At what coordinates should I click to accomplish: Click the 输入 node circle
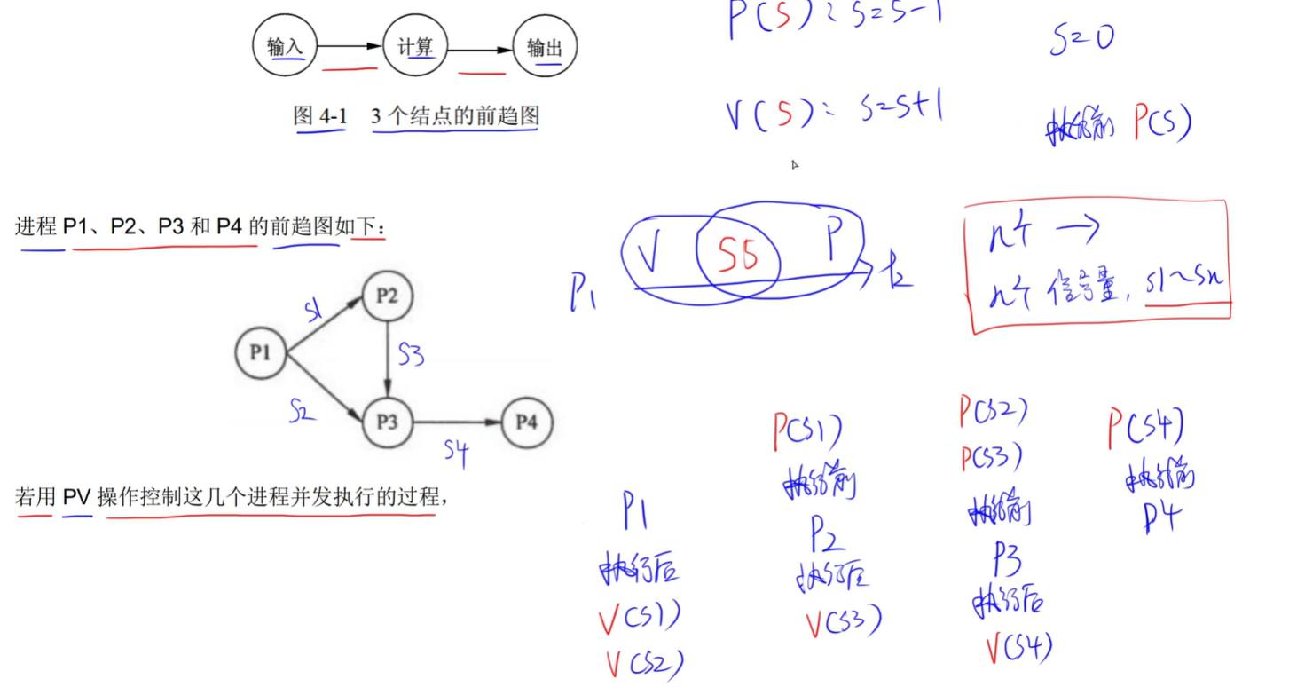pyautogui.click(x=285, y=47)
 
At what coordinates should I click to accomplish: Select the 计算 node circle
pyautogui.click(x=415, y=47)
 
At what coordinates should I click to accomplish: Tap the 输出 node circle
pyautogui.click(x=545, y=47)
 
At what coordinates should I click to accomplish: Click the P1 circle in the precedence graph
pyautogui.click(x=260, y=353)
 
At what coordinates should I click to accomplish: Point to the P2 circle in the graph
pyautogui.click(x=388, y=296)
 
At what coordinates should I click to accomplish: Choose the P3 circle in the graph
pyautogui.click(x=388, y=422)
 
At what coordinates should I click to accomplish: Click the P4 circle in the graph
pyautogui.click(x=526, y=422)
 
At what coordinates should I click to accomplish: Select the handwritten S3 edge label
pyautogui.click(x=411, y=355)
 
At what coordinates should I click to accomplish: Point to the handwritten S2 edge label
pyautogui.click(x=303, y=410)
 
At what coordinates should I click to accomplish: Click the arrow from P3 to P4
pyautogui.click(x=457, y=422)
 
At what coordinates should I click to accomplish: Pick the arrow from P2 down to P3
pyautogui.click(x=388, y=359)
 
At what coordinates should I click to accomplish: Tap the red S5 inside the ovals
pyautogui.click(x=738, y=257)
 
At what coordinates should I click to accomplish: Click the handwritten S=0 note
pyautogui.click(x=1081, y=39)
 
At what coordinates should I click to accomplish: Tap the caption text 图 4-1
pyautogui.click(x=320, y=116)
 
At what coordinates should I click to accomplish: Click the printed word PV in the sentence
pyautogui.click(x=77, y=497)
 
